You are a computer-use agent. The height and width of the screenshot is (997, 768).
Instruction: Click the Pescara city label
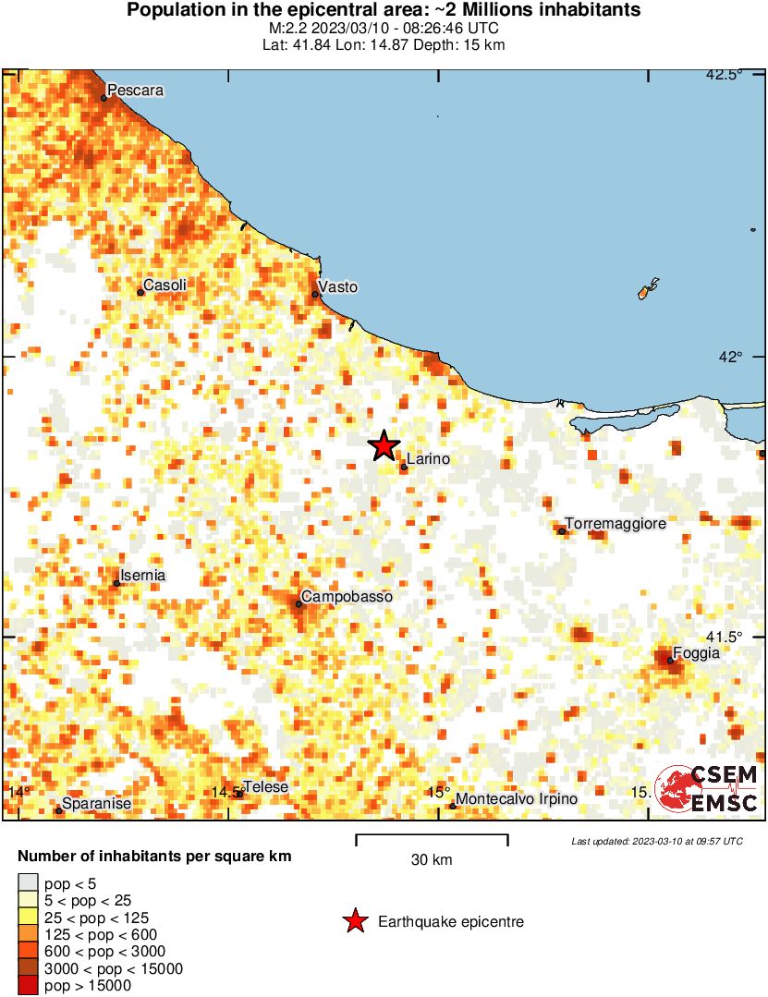(x=136, y=91)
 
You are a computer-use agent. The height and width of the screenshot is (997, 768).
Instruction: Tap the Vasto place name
(x=337, y=287)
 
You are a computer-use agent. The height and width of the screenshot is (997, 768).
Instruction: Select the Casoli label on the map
(x=165, y=286)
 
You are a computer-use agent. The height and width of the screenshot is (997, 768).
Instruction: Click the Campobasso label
(x=347, y=597)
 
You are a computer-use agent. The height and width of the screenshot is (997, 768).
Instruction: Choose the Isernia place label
(x=143, y=576)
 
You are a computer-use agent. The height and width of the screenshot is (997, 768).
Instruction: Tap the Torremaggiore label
(x=616, y=524)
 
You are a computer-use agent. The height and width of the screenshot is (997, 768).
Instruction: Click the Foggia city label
(x=696, y=653)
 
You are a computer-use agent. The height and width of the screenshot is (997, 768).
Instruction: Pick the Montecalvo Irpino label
(x=518, y=799)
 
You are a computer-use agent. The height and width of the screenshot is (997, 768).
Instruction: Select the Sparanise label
(x=96, y=805)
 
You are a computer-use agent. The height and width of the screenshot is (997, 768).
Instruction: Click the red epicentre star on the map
(x=384, y=446)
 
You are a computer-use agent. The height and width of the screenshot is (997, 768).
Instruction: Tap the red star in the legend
(x=354, y=921)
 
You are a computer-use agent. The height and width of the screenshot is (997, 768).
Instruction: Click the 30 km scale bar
(x=432, y=840)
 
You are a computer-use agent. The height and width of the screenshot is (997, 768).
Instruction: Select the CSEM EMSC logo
(x=707, y=788)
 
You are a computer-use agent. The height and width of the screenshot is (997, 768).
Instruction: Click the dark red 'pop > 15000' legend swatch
(x=28, y=986)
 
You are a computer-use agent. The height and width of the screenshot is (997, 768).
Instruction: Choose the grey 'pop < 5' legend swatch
(x=28, y=884)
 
